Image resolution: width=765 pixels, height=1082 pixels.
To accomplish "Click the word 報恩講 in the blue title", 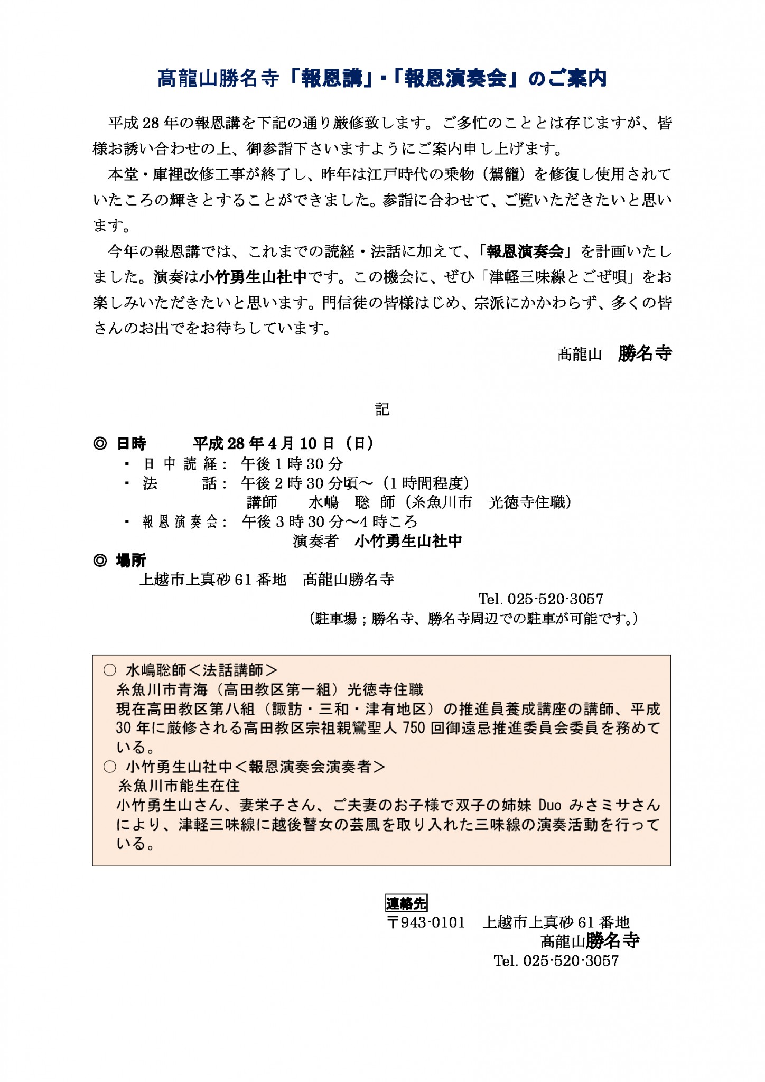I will [331, 79].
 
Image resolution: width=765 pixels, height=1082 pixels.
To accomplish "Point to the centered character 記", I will [382, 409].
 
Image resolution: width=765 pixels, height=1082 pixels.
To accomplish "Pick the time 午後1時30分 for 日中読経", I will [292, 464].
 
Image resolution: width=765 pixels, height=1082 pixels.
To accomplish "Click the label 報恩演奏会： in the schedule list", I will [185, 522].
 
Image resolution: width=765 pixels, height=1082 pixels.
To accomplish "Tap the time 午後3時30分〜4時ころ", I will [330, 522].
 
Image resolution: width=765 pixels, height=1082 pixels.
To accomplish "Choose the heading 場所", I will [131, 561].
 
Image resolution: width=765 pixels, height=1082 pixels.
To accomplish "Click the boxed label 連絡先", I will [406, 903].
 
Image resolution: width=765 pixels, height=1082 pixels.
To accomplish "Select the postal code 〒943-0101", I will [426, 922].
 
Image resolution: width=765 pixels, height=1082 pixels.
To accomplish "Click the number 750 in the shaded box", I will [414, 728].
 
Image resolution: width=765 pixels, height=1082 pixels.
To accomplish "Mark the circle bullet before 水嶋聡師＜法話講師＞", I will [110, 670].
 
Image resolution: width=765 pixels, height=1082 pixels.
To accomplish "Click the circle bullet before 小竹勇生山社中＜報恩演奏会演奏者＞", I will [110, 767].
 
